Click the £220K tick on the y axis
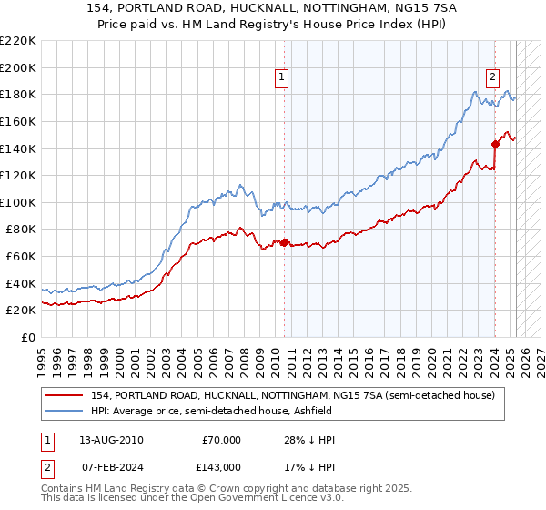coord(18,41)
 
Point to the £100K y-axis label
coord(18,202)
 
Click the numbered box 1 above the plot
coord(283,78)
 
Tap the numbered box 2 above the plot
coord(492,78)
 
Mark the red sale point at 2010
coord(284,242)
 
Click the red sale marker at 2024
coord(496,144)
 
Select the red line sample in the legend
coord(66,395)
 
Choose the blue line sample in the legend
coord(66,411)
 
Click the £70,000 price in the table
coord(222,440)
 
